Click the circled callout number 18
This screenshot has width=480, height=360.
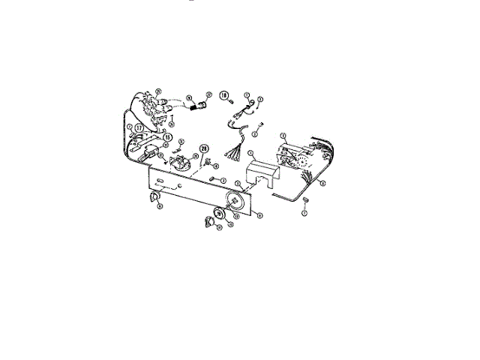click(224, 96)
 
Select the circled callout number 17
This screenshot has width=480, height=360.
click(139, 128)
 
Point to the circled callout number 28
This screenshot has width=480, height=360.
click(203, 148)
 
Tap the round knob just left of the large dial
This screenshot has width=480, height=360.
click(219, 214)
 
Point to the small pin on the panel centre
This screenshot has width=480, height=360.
click(214, 178)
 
